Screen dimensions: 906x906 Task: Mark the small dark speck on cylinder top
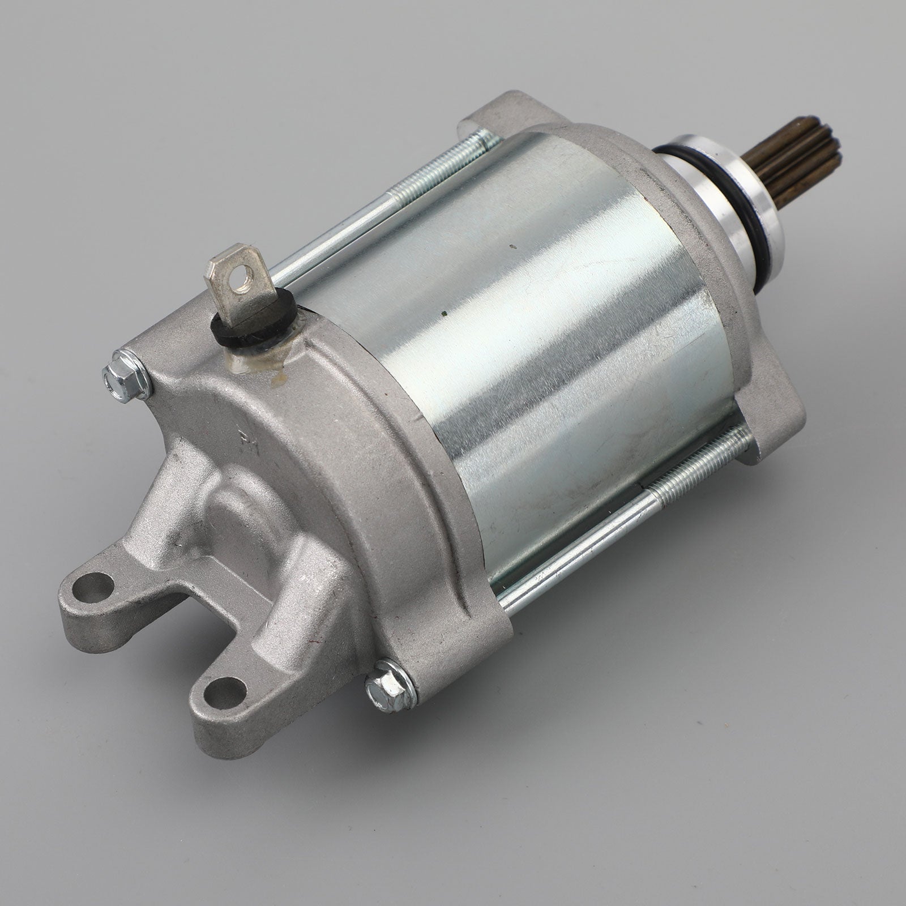click(x=511, y=247)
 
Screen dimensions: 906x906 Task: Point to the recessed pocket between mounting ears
click(x=226, y=544)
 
